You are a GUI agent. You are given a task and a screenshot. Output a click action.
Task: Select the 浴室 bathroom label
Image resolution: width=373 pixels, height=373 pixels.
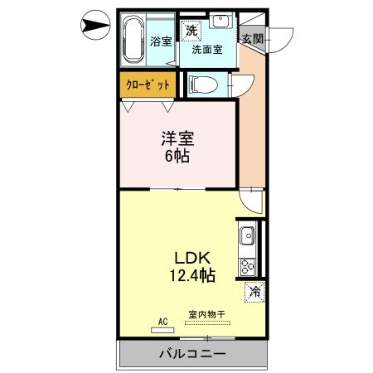[161, 41]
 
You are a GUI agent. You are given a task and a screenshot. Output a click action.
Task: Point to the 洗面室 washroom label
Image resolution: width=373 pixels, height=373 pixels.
[206, 49]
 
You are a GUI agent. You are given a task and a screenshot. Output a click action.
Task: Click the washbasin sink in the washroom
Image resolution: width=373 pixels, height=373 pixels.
[220, 22]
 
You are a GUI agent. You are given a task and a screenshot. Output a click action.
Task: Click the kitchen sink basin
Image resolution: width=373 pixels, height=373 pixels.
[247, 239]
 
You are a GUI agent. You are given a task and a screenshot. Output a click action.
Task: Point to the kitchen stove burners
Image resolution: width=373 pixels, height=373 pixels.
[247, 266]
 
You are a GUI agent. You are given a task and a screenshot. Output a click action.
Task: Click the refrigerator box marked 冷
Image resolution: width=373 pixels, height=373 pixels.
[254, 292]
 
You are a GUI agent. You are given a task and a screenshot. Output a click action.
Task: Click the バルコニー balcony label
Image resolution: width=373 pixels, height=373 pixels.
[192, 354]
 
